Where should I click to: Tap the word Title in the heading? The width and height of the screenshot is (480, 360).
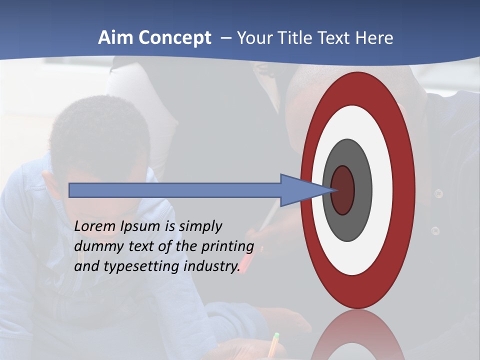tap(300, 38)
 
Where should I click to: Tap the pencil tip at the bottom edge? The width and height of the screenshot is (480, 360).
tap(275, 336)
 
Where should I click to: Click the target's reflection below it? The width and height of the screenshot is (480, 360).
tap(357, 335)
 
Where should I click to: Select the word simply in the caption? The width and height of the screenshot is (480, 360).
tap(200, 227)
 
